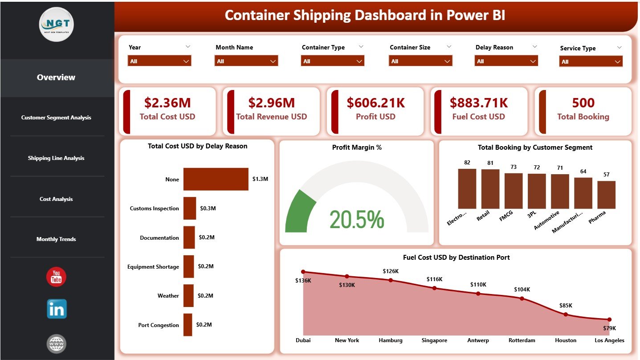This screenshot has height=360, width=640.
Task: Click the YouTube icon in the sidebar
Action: (x=56, y=277)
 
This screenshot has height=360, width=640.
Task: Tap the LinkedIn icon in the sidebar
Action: (x=57, y=309)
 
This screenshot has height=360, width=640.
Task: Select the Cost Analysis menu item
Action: (x=56, y=199)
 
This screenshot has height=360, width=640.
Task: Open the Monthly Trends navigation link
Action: (x=56, y=239)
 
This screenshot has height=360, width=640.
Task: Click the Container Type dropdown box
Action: (x=332, y=61)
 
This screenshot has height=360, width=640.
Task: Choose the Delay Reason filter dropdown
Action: (x=506, y=61)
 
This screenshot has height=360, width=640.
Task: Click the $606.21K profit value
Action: (x=375, y=103)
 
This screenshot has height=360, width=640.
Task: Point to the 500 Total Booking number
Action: (x=583, y=103)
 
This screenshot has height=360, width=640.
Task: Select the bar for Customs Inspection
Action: (x=190, y=208)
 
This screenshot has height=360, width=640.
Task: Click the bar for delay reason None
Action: (x=216, y=179)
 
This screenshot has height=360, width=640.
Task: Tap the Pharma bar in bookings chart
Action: (x=606, y=195)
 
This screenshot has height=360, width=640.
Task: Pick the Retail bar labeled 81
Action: (x=490, y=189)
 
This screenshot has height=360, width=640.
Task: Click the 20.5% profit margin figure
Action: (x=356, y=219)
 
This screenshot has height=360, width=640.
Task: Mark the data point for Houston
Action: (x=566, y=314)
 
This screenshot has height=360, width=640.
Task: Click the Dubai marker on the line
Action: (x=303, y=271)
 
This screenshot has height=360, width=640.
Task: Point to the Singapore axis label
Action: (x=434, y=340)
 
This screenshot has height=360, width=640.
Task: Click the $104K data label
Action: (x=522, y=290)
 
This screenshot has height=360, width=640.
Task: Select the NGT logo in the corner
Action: (x=57, y=25)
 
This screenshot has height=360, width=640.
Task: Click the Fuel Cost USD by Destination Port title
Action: (x=456, y=258)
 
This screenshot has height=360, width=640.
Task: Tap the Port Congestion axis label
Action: (x=159, y=325)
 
